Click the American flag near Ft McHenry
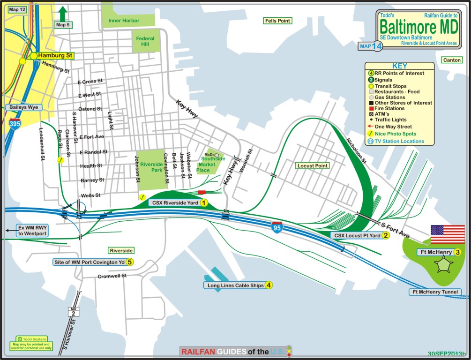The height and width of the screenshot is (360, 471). (448, 234)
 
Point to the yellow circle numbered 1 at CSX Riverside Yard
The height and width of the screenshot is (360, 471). (204, 203)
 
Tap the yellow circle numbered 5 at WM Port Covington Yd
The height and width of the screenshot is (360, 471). (130, 262)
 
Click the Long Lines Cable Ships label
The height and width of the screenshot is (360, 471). (233, 285)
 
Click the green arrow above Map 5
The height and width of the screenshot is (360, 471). (63, 13)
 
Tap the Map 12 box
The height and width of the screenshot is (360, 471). (17, 9)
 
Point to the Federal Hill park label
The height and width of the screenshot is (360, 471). (145, 42)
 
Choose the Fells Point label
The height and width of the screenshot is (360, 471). (277, 21)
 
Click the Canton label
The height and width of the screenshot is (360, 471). (451, 60)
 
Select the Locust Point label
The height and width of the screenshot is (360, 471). (313, 165)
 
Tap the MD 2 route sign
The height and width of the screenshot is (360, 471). (73, 311)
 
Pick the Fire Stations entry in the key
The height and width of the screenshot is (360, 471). (387, 108)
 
